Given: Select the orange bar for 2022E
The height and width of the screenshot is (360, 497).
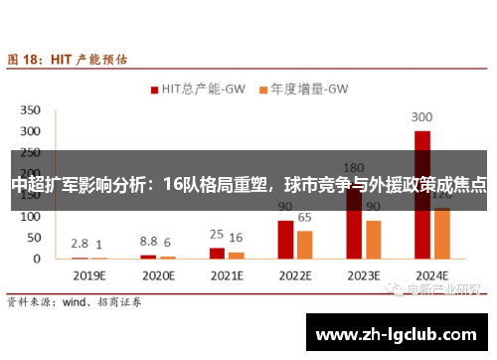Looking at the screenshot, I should point(304,245).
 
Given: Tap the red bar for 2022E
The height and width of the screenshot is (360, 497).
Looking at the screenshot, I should point(285,240).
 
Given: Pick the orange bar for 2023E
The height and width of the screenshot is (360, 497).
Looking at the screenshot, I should point(374,240).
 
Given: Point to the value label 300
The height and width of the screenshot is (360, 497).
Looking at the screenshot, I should point(422,115).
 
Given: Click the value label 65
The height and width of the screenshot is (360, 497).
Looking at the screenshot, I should point(304,217).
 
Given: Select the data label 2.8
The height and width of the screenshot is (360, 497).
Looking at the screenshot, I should point(80,243).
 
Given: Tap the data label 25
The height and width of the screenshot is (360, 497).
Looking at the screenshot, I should point(216,234).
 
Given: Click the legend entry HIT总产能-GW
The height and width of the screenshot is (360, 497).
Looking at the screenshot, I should point(200,89).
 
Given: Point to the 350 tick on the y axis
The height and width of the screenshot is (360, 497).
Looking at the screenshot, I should point(31,109).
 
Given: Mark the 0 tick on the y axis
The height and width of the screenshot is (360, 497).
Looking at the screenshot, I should point(37,259).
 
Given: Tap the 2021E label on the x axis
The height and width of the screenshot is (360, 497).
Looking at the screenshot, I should point(226,274).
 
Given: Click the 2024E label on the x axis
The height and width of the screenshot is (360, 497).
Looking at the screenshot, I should point(431,274).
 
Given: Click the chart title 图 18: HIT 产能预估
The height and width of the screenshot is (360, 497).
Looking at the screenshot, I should point(68,59).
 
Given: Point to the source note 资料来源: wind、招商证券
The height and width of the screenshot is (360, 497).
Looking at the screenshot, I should point(74,299).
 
